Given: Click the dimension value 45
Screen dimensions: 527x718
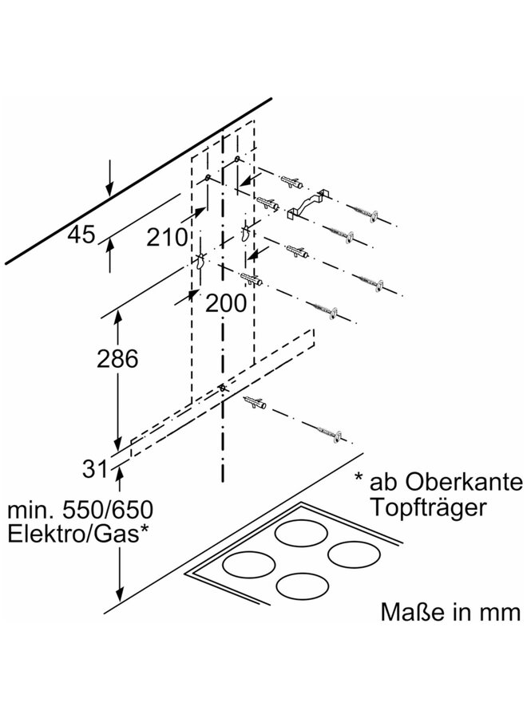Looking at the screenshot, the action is [x=81, y=235].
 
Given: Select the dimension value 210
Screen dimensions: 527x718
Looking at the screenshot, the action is [x=167, y=237].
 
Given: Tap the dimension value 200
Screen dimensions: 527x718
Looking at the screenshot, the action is [x=226, y=302].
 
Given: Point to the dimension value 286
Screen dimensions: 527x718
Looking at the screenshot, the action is [x=117, y=358].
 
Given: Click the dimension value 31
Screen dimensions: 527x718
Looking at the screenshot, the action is [x=95, y=468].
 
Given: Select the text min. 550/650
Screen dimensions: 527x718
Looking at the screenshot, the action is [x=80, y=509].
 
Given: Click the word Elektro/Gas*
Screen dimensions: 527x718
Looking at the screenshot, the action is [x=78, y=534].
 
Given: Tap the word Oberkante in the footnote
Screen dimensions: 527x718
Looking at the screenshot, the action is [x=463, y=481].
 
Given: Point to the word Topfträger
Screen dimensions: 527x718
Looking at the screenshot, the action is [x=428, y=507].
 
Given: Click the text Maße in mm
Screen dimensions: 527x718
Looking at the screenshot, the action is [x=450, y=612].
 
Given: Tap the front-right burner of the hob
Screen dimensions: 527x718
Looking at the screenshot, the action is [x=303, y=586].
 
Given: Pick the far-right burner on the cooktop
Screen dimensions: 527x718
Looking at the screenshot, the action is [x=355, y=554].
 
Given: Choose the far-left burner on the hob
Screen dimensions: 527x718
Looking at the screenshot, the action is [x=249, y=564].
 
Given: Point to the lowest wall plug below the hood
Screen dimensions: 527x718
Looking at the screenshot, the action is [x=256, y=403].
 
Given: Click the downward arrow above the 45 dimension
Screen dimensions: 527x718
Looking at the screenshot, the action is [x=109, y=179].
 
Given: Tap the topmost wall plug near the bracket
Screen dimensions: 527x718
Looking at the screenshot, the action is [x=291, y=180].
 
